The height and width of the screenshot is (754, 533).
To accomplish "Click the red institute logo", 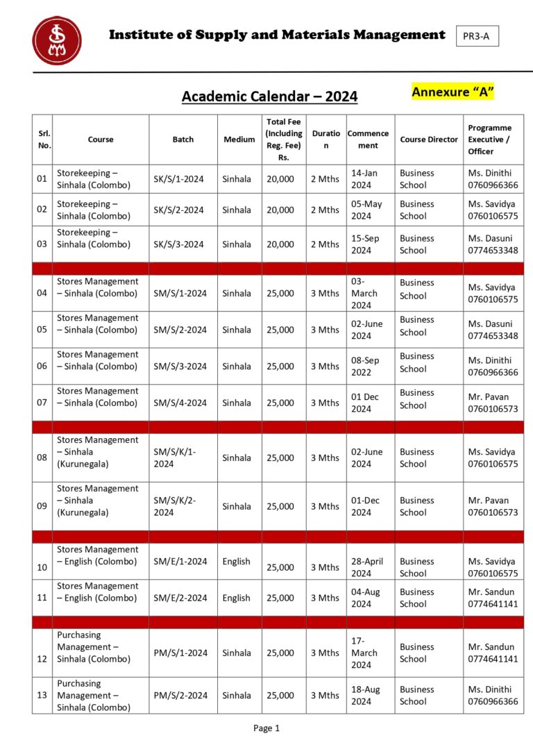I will (x=56, y=40).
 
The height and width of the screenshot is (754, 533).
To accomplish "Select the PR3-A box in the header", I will (x=477, y=36).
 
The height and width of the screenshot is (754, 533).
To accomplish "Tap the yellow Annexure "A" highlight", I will (x=452, y=92).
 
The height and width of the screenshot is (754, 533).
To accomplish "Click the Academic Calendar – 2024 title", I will (x=269, y=97).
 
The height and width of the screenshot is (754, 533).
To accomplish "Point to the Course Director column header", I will (x=429, y=140).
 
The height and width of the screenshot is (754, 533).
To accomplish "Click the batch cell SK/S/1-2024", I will (x=179, y=179).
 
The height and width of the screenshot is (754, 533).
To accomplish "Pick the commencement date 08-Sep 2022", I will (x=367, y=366).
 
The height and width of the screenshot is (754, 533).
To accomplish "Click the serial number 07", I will (x=42, y=403).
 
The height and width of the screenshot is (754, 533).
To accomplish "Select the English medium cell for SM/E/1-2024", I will (x=237, y=561).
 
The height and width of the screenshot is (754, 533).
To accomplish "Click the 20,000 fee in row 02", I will (x=280, y=210).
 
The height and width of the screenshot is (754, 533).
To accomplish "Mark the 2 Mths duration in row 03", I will (x=325, y=244).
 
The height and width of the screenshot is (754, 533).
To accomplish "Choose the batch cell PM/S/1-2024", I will (x=180, y=653).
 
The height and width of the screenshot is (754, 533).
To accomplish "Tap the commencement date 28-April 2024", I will (x=367, y=567).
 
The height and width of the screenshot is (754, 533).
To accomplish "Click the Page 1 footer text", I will (x=266, y=728).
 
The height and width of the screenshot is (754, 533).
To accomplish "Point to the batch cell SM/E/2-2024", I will (x=180, y=598).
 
